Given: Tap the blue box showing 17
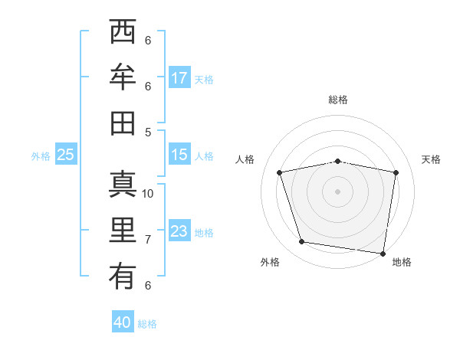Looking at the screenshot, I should coord(179,77).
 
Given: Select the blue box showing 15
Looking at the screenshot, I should coord(179,154).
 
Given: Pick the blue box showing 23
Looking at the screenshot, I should coord(179,231).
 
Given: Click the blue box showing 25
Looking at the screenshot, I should coord(65,155).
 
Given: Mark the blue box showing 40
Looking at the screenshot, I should coord(123,322).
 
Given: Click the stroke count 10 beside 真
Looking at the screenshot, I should coord(148,194).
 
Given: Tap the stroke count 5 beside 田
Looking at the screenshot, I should coord(148,132).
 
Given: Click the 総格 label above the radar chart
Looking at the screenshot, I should coord(338,100).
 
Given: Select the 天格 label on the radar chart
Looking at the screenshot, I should coord(431,159).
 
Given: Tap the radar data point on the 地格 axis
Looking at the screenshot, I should coord(383,253).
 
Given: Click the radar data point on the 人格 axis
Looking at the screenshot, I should coord(280,172).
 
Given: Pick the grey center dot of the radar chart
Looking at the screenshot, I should coord(337,191).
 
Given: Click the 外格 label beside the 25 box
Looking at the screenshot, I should coord(41,155).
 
